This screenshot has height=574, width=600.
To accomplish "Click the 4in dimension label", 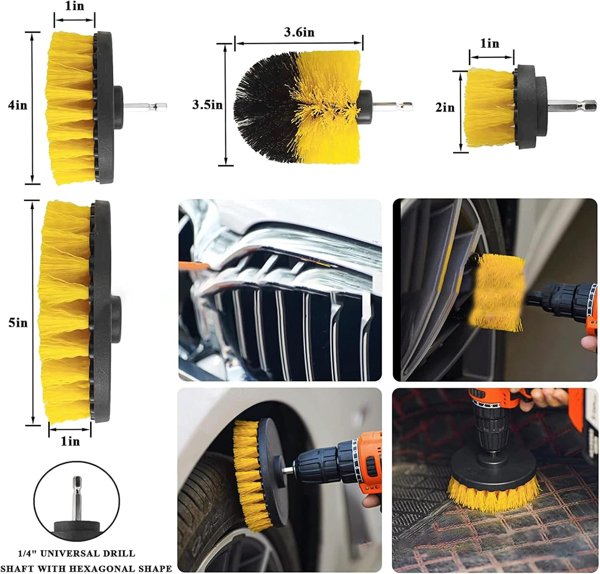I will [x=18, y=105].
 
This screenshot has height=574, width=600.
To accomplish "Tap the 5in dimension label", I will [x=18, y=323].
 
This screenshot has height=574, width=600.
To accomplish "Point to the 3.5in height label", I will [x=207, y=105].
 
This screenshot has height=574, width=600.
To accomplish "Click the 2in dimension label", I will [x=445, y=108].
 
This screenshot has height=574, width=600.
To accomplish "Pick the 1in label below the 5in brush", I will [x=70, y=441].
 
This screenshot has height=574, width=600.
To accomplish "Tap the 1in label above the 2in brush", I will [x=490, y=43].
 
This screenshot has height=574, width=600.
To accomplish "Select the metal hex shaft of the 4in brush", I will [x=146, y=107].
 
